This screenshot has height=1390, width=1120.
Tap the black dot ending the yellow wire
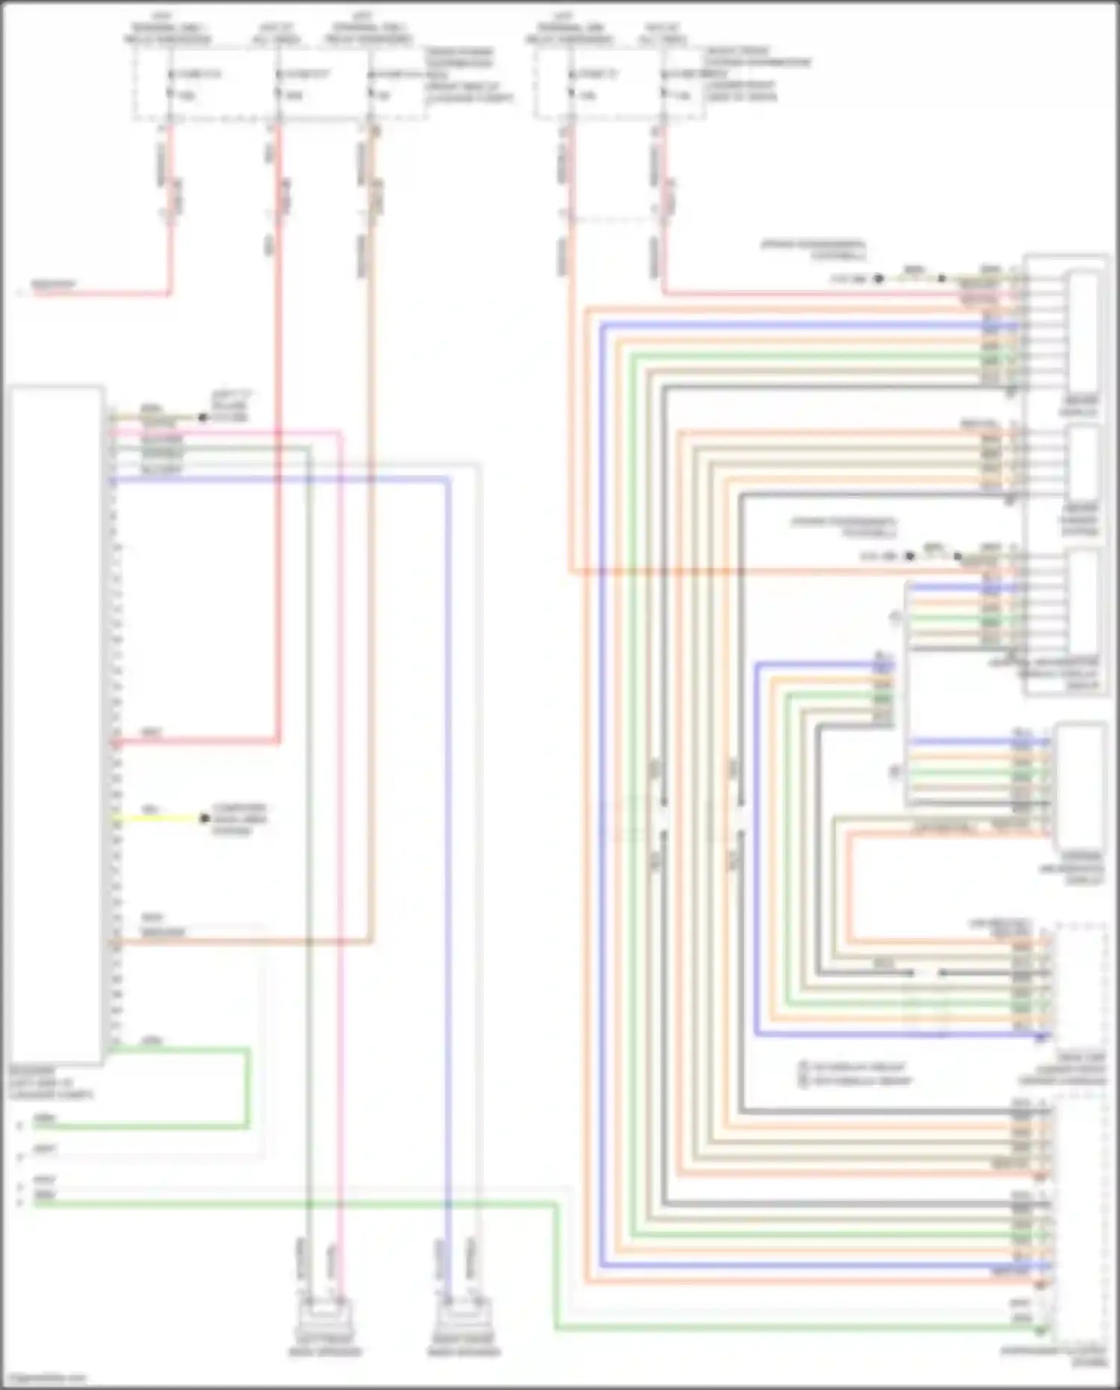205,819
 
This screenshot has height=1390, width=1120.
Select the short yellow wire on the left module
157,819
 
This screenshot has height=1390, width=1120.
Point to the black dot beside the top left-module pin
202,418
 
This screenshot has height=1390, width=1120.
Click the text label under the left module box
51,1082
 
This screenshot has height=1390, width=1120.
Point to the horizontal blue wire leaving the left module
284,480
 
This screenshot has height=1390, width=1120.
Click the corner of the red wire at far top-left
169,293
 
